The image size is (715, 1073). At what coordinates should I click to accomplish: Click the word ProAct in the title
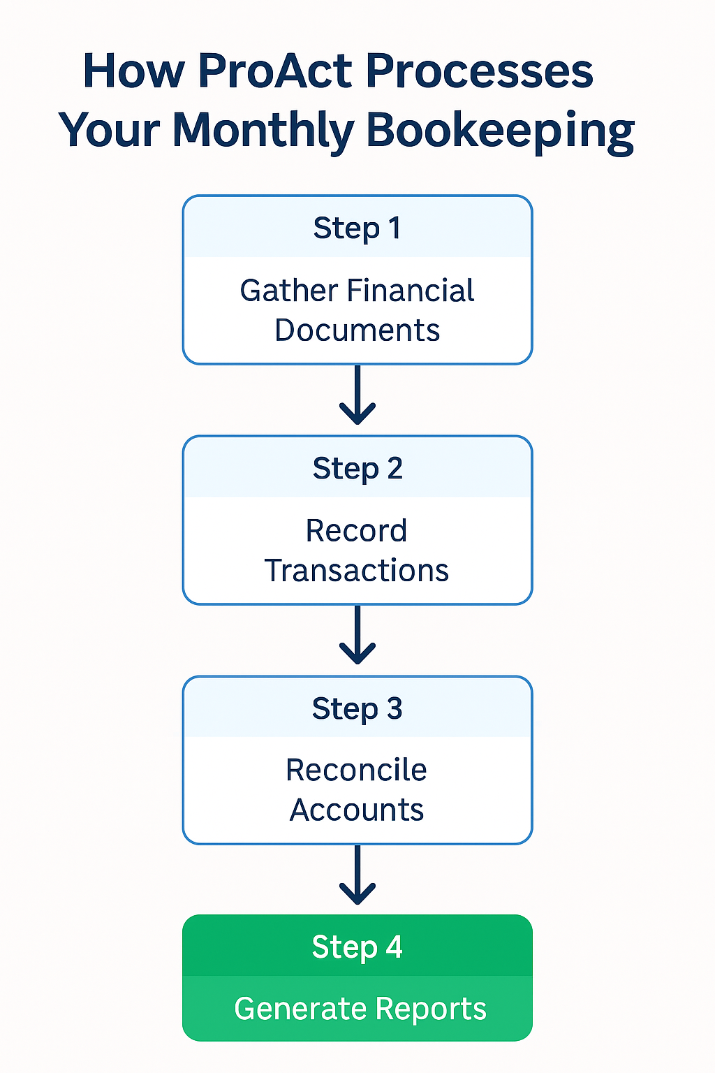coord(277,71)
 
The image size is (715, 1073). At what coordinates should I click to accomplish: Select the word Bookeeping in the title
coord(500,131)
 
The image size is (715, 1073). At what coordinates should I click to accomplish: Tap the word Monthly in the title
coord(263,131)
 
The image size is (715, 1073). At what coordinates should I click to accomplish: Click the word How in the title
coord(134,71)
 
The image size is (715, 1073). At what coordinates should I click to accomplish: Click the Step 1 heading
coord(357,228)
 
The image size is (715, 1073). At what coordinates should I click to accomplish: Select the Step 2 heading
coord(357,469)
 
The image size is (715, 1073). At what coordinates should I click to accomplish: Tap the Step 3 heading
coord(357,708)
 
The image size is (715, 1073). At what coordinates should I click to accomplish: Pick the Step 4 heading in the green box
coord(357,947)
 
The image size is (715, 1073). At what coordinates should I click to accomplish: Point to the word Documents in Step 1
coord(357,330)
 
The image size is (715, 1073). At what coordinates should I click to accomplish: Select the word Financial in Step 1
coord(411,291)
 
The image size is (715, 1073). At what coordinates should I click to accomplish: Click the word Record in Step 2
coord(356,531)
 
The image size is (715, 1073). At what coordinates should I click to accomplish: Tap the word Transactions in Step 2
coord(356,571)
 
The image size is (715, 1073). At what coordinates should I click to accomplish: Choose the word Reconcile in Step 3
coord(356,771)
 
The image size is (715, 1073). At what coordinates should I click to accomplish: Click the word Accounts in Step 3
coord(356,810)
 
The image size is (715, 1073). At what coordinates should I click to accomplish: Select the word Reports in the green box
coord(430,1009)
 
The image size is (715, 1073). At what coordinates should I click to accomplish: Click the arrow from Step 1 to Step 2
coord(357,395)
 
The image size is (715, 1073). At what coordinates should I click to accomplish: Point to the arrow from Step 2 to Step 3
coord(357,635)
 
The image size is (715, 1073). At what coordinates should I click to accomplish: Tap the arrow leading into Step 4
coord(357,875)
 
